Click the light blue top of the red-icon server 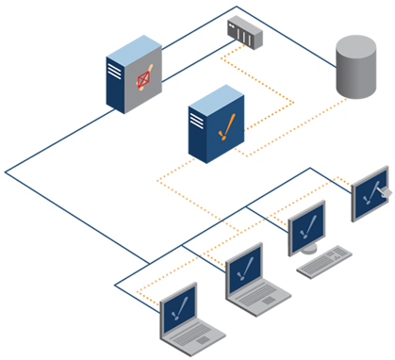[132, 46]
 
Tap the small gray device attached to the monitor [385, 192]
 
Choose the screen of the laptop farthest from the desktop [178, 310]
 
